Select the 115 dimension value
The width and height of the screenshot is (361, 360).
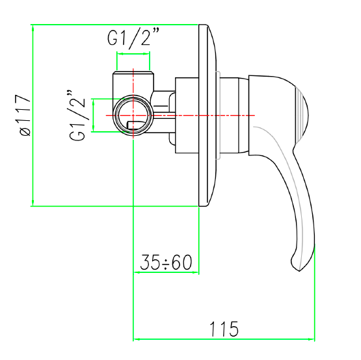224,329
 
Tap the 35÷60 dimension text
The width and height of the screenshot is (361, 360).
166,262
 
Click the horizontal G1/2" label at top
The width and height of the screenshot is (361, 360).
133,38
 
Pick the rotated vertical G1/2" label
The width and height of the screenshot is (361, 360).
77,115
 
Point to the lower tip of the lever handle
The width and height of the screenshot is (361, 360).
299,271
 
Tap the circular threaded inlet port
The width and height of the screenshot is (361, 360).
133,116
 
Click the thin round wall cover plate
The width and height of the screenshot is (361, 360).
207,115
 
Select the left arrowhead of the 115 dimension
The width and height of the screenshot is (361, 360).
137,339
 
